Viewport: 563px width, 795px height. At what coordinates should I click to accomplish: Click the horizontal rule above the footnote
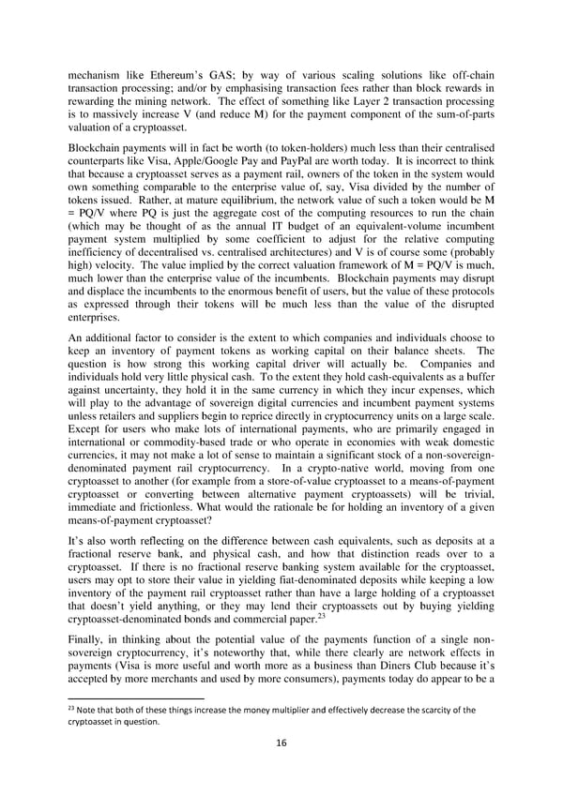tap(137, 725)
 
